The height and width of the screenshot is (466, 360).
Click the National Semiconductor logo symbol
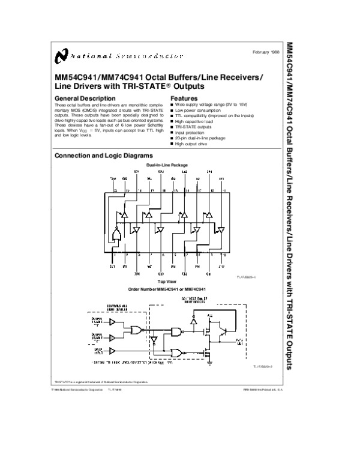tap(61, 56)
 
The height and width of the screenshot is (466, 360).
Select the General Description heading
tap(81, 98)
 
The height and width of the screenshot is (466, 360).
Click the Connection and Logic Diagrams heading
tap(99, 156)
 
